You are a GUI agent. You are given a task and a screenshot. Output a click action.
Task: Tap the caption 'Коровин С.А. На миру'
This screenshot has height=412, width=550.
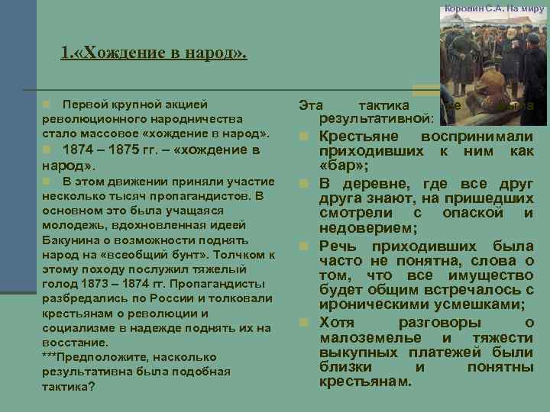(x=496, y=7)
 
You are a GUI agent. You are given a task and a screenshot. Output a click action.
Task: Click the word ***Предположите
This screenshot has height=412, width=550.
(x=82, y=357)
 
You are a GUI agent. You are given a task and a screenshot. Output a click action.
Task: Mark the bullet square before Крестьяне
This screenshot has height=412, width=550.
(x=304, y=137)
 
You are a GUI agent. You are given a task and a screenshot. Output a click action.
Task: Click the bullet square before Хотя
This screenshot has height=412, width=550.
(x=304, y=323)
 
